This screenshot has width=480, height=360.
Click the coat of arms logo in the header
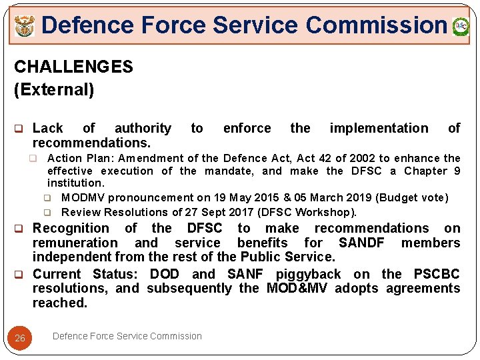pyautogui.click(x=25, y=27)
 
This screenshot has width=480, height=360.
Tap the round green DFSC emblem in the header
pyautogui.click(x=461, y=27)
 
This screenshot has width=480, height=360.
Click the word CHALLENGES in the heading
pyautogui.click(x=73, y=67)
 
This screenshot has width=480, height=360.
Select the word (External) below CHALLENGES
pyautogui.click(x=54, y=89)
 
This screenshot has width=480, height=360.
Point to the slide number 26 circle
pyautogui.click(x=20, y=338)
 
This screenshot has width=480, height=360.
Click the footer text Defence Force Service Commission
pyautogui.click(x=127, y=336)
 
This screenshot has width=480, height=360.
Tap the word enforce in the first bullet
pyautogui.click(x=247, y=128)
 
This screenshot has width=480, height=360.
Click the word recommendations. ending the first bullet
pyautogui.click(x=91, y=143)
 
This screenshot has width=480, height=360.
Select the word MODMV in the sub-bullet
pyautogui.click(x=83, y=197)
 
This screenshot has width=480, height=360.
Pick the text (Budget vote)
pyautogui.click(x=413, y=197)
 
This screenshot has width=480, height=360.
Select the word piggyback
pyautogui.click(x=309, y=274)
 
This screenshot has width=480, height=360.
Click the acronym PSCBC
pyautogui.click(x=437, y=274)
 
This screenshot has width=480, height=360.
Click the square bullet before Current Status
pyautogui.click(x=19, y=274)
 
